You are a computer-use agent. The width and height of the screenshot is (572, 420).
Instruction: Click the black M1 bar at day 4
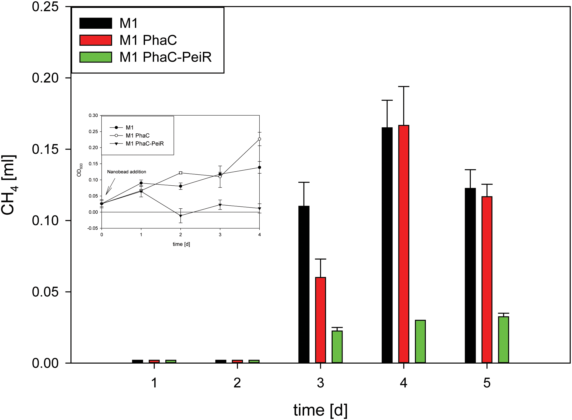(x=387, y=245)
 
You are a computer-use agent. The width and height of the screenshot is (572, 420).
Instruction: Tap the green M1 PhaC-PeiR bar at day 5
(x=503, y=340)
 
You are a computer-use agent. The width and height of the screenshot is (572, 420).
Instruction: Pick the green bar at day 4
(x=420, y=341)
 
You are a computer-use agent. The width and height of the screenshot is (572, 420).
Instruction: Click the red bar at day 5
(x=487, y=279)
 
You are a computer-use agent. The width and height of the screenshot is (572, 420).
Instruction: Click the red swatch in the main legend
(x=96, y=40)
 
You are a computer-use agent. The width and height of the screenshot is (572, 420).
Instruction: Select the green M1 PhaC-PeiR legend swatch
(x=96, y=57)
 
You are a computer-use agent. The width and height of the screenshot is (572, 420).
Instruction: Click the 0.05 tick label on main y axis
(x=45, y=292)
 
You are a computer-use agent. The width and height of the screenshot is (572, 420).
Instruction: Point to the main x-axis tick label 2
(x=237, y=383)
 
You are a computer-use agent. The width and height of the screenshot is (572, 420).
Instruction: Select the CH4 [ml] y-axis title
(x=9, y=185)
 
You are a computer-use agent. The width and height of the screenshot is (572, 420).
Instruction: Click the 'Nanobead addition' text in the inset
(x=126, y=172)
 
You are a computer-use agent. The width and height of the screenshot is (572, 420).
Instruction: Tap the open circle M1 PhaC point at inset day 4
(x=259, y=139)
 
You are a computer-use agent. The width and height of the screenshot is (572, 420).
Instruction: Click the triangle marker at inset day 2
(x=180, y=216)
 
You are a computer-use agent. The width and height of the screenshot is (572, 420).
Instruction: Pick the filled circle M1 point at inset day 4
(x=259, y=167)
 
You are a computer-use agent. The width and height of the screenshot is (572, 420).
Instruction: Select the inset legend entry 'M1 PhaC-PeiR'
(x=145, y=143)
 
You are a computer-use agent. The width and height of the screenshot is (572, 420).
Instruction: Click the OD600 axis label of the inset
(x=80, y=170)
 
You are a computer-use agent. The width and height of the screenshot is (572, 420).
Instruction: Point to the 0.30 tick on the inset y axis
(x=93, y=116)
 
